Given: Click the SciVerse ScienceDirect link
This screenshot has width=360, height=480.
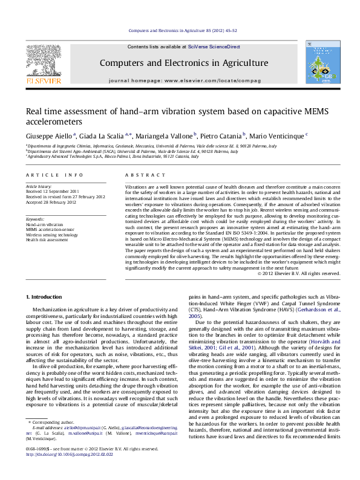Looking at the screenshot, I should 214,47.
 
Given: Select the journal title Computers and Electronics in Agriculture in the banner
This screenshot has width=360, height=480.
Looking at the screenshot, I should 183,63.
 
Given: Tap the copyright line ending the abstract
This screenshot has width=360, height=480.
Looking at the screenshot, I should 299,274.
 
